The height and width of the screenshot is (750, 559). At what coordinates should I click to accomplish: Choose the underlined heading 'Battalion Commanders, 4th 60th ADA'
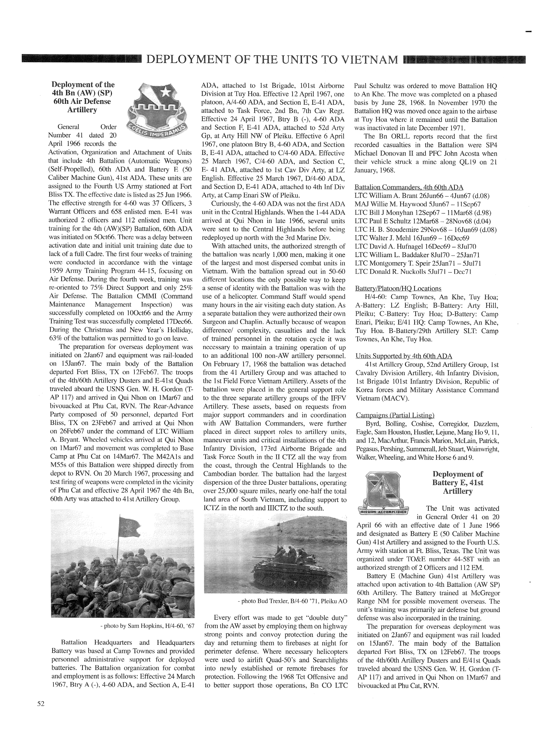click(409, 187)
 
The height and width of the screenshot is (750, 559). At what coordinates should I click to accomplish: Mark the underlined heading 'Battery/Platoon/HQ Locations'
click(398, 288)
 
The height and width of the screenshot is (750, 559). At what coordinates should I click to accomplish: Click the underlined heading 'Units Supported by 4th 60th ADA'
click(404, 356)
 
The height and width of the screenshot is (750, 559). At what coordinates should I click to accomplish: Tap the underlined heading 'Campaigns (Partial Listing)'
click(395, 415)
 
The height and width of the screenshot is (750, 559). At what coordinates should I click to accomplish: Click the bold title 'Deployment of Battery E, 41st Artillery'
click(458, 483)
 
